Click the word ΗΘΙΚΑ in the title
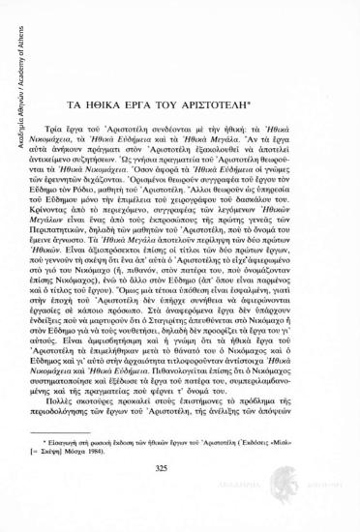coord(120,99)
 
